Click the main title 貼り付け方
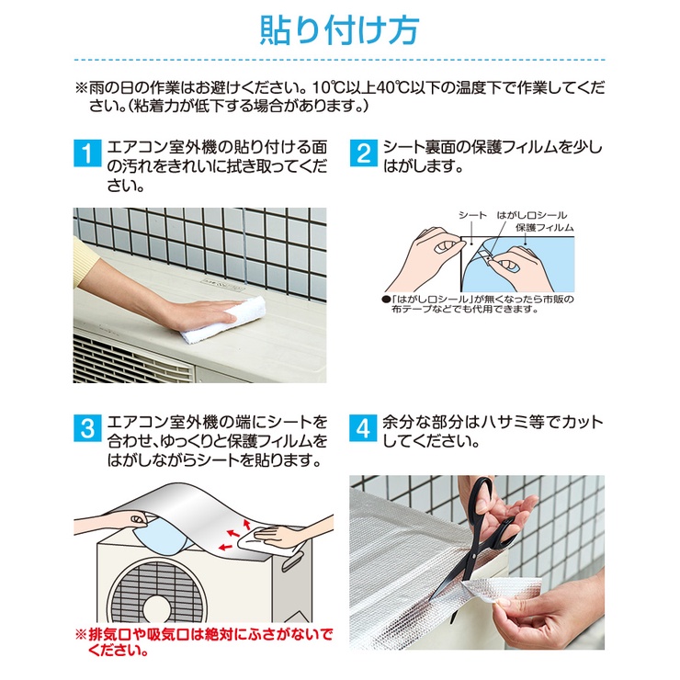tap(339, 30)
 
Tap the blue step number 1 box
tap(87, 153)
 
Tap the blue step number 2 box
tap(363, 153)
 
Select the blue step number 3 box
tap(87, 428)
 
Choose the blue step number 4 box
tap(363, 428)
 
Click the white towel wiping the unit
tap(223, 320)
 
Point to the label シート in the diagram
tap(472, 215)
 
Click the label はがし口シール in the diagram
tap(532, 215)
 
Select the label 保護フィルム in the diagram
tap(545, 227)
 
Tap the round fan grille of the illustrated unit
tap(158, 594)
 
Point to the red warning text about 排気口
tap(204, 642)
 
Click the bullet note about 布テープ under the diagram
tap(478, 304)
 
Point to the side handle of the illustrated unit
tap(293, 561)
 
